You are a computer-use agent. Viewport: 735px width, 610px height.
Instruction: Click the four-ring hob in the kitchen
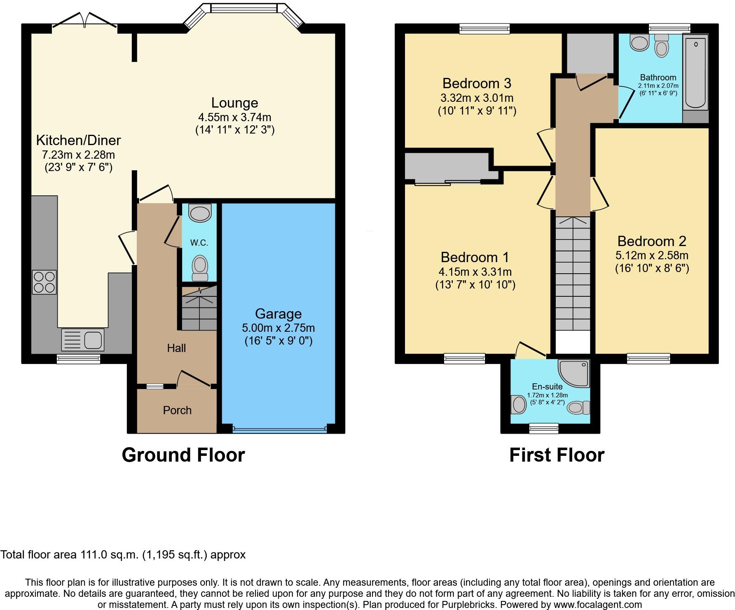(44, 282)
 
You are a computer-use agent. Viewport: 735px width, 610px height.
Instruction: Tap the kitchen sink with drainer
(83, 340)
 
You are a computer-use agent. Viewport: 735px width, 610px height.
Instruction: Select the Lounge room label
(234, 103)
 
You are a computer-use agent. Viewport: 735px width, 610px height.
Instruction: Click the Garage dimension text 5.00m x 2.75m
(278, 328)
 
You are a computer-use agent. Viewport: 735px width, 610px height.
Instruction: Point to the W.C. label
(199, 243)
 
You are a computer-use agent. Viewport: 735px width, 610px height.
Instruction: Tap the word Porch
(177, 410)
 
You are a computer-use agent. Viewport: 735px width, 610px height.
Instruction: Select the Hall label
(176, 348)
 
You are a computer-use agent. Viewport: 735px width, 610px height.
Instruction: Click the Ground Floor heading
(183, 455)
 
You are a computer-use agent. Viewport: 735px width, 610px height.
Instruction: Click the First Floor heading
(557, 455)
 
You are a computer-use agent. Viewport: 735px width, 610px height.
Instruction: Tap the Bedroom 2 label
(652, 241)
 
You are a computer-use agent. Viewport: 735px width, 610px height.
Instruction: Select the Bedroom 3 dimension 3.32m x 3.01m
(477, 98)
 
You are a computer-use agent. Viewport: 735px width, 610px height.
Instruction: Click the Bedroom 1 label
(475, 257)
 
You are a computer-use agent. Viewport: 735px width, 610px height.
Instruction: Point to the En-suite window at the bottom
(544, 429)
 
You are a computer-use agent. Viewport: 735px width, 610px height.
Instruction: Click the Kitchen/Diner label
(78, 140)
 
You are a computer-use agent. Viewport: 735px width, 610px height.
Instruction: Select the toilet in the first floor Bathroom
(661, 45)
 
